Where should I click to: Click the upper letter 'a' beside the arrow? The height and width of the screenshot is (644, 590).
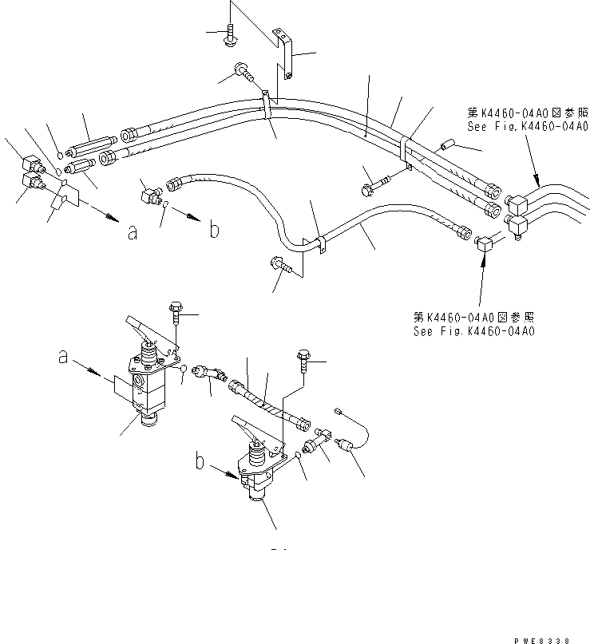pos(133,232)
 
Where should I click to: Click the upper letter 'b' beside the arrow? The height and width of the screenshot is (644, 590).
pos(214,230)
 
